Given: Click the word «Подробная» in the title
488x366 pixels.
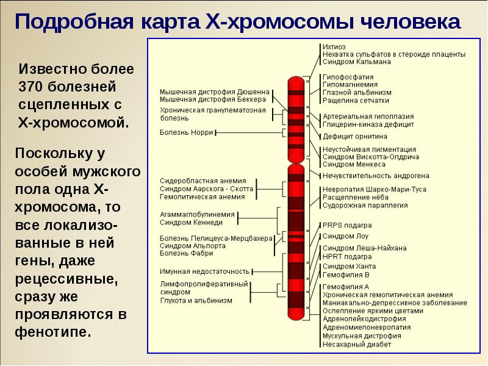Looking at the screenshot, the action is [74, 21].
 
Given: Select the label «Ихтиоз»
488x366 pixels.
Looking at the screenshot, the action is [334, 47].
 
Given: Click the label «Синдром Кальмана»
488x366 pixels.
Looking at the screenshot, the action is [356, 62].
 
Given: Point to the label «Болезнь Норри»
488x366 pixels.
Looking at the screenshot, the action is [186, 132].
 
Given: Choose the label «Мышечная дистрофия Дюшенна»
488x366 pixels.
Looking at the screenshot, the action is [215, 92].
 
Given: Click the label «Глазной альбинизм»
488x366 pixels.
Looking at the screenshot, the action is [357, 93].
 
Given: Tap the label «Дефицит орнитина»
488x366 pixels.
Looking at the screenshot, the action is [355, 136].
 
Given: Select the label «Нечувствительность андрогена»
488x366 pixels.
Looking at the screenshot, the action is [376, 176].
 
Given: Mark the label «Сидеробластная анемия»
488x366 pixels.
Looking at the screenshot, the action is [203, 181].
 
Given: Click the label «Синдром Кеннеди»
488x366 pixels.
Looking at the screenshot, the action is [191, 223].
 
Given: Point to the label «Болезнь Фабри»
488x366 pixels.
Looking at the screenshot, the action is [187, 253].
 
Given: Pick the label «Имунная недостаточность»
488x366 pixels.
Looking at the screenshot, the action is [204, 271].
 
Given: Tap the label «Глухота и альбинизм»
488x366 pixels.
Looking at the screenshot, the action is [196, 301].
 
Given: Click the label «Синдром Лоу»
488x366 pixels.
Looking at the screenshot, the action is [345, 236].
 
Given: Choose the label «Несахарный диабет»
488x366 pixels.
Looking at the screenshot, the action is [357, 345].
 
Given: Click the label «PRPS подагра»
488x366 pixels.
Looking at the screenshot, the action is [347, 225].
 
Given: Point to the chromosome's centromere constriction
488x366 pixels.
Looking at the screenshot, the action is [296, 163].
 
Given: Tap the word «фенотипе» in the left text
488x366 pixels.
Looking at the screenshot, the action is [53, 332].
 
